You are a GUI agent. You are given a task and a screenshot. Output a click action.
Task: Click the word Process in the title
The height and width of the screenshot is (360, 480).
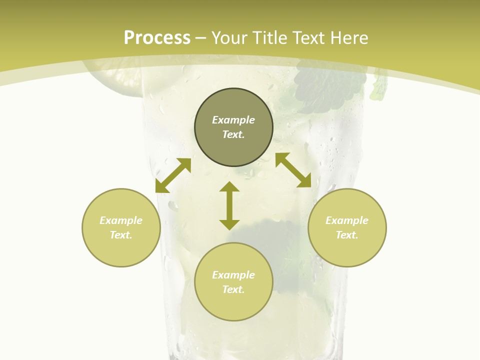[157, 38]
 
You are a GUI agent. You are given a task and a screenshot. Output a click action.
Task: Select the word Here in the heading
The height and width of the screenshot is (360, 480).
[349, 38]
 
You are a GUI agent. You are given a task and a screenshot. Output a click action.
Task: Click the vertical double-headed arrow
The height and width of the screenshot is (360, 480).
[229, 205]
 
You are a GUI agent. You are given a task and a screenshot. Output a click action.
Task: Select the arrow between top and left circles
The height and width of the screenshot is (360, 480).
[173, 175]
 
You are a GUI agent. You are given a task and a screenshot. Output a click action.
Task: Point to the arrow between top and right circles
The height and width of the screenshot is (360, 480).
[293, 170]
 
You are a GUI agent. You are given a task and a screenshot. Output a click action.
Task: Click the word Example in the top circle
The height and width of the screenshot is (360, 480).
[233, 120]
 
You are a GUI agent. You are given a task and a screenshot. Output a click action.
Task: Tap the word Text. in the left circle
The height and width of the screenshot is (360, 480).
[121, 235]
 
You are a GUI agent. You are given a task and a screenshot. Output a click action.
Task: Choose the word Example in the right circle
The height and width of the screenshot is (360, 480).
[347, 220]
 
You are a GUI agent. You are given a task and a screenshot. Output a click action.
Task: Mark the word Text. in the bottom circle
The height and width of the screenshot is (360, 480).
[233, 289]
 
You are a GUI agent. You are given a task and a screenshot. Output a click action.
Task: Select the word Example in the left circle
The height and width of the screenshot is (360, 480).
[121, 220]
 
